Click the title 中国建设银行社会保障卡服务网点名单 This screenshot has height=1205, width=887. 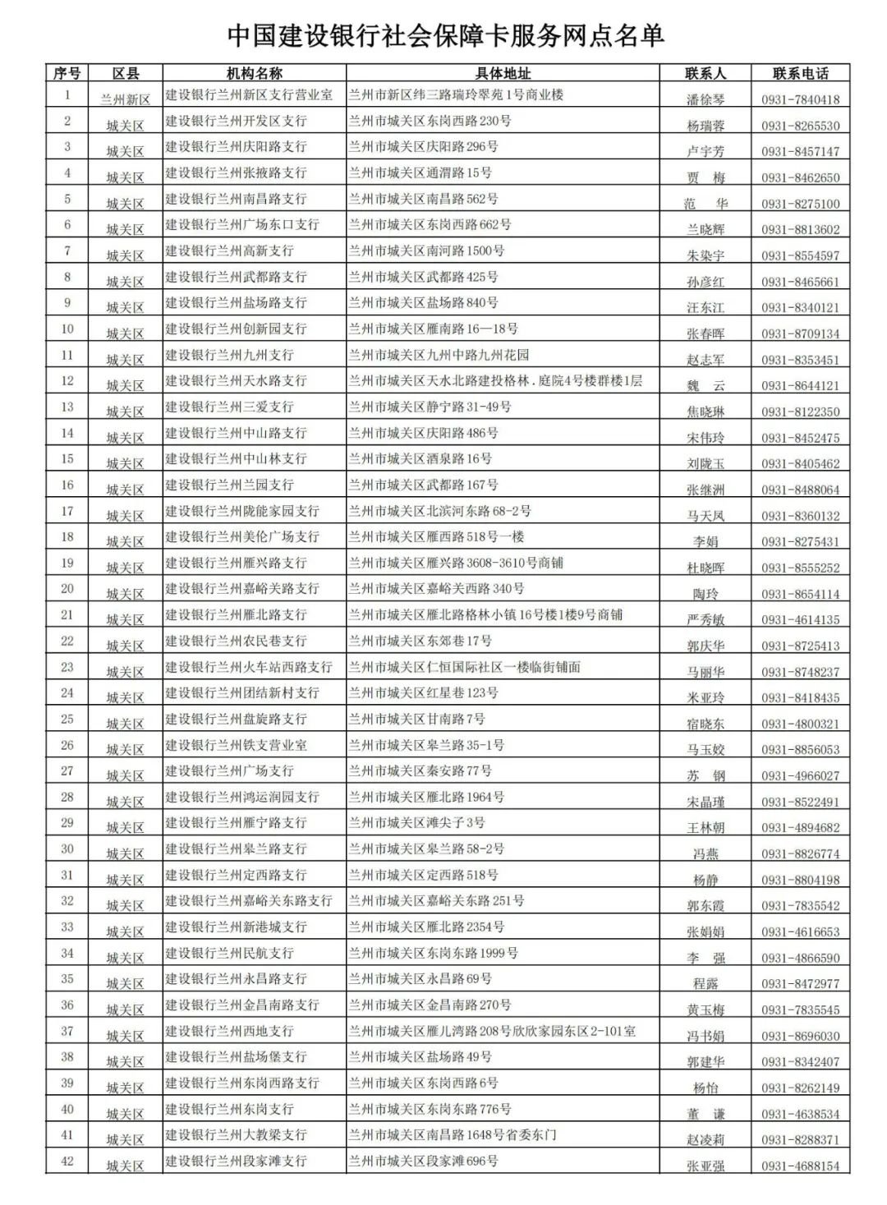(444, 35)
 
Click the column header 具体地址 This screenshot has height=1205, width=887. (503, 73)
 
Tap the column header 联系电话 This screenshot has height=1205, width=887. (800, 73)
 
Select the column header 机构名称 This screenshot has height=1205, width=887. (255, 73)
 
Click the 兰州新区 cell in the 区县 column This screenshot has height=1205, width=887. (126, 99)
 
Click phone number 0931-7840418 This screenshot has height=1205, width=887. (800, 100)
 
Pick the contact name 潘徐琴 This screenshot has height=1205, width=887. (705, 100)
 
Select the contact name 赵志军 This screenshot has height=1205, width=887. (705, 360)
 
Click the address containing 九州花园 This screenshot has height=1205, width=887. (439, 355)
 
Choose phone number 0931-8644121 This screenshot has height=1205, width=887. (800, 386)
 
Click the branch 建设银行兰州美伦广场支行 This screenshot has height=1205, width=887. (242, 536)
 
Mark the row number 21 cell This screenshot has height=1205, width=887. (67, 614)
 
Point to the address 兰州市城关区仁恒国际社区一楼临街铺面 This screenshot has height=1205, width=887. (465, 667)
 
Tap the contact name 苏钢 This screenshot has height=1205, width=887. (705, 775)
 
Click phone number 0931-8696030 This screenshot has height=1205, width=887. (800, 1036)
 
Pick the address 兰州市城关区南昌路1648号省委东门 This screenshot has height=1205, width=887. (453, 1134)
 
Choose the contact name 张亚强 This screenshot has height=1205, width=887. (705, 1166)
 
